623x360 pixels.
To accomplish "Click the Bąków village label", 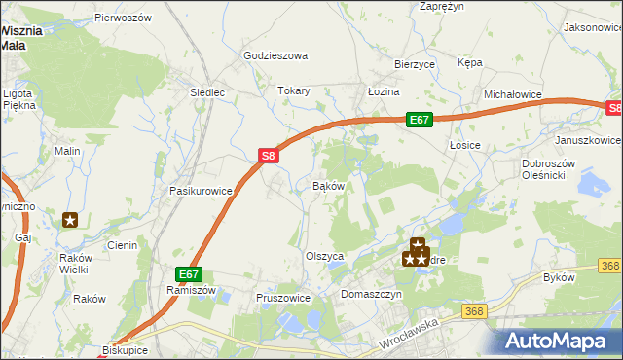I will point(328,185).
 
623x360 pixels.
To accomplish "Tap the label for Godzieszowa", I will point(275,56).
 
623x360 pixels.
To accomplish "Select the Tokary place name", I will point(294,90).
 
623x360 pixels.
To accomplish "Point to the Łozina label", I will point(384,90).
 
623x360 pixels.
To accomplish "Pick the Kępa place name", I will point(470,62).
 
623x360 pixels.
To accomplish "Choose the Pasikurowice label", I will point(201,191).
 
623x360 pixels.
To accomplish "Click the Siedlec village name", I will point(207,93).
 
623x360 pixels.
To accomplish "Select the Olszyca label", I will point(326,256).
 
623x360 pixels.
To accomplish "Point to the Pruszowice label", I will point(282,298).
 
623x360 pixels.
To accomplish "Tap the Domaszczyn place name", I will point(371,293).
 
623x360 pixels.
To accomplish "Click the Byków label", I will point(559,277).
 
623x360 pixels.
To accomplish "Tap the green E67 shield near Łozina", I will point(419,119).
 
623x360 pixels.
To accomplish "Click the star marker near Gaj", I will point(70,220).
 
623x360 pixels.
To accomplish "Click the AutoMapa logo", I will point(559,341).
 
